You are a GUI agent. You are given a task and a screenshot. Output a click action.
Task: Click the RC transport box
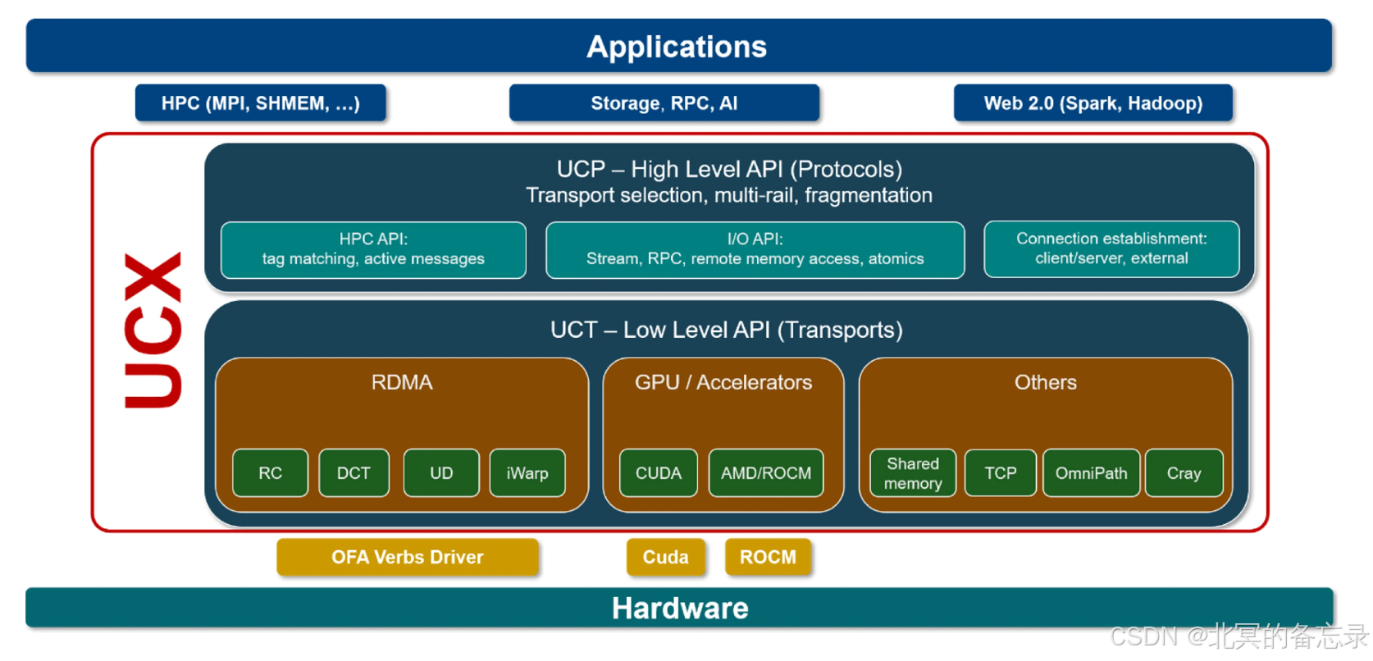270,473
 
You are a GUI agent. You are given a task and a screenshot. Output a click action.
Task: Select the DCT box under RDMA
354,473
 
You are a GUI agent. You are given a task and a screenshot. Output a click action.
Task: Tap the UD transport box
441,473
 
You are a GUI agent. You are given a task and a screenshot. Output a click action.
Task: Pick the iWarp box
527,473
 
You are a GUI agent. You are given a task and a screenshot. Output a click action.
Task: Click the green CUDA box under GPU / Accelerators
659,473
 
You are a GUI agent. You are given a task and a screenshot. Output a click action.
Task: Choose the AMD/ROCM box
766,473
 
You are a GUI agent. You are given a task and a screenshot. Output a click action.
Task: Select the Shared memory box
913,473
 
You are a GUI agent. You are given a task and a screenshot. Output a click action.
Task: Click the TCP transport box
1001,473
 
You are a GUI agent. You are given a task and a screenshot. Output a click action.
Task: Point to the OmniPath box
1091,473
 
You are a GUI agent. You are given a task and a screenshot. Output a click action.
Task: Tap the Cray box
1184,473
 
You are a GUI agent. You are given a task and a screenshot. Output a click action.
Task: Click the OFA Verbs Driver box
408,558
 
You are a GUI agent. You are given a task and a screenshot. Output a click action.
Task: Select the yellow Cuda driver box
665,558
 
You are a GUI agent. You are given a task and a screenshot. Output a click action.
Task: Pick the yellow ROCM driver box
768,558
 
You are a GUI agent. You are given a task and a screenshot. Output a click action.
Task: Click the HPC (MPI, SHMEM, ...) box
261,103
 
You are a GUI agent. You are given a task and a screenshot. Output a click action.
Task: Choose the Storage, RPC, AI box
664,103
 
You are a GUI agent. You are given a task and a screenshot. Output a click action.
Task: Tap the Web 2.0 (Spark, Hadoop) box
1093,103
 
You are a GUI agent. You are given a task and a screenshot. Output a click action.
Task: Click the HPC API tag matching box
373,249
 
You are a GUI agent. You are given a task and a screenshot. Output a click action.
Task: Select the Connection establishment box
1111,248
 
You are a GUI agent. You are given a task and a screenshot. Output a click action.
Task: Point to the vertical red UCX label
153,330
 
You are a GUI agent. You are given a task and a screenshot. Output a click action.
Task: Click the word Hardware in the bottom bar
680,609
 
